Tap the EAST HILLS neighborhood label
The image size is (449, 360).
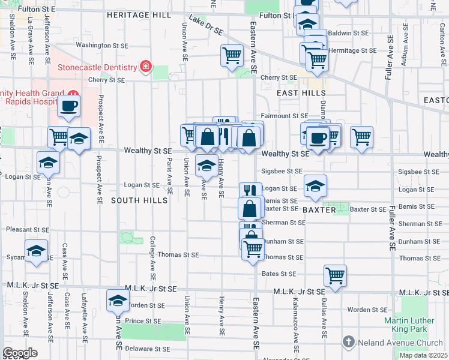coord(301,93)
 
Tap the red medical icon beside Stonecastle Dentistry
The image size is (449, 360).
coord(145,66)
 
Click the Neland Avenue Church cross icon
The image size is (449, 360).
coord(348,341)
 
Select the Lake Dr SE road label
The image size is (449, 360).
coord(206,26)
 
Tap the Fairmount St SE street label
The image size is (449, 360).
coord(284,116)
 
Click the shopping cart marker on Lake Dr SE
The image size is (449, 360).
coord(232,56)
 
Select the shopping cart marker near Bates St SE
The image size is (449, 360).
coord(335,275)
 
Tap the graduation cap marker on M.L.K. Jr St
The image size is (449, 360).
coord(118,300)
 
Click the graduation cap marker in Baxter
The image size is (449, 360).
coord(315,186)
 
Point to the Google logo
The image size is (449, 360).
coord(20,353)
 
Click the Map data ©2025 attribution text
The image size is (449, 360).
coord(423,355)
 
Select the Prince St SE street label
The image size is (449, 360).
coord(143,321)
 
